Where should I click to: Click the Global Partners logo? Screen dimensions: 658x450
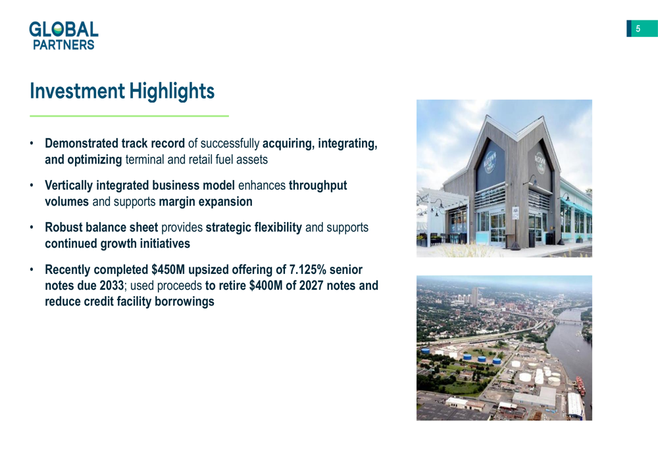tap(64, 35)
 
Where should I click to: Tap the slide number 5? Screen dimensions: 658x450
tap(638, 28)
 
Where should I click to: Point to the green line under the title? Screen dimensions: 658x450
tap(129, 116)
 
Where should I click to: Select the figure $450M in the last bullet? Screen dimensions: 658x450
tap(163, 269)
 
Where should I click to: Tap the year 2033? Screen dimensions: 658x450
tap(112, 285)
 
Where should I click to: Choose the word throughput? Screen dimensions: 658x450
tap(318, 186)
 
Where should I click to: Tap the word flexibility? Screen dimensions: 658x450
tap(278, 227)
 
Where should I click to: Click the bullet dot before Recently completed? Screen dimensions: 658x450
tap(32, 269)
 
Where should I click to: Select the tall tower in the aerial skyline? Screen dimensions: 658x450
tap(474, 296)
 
